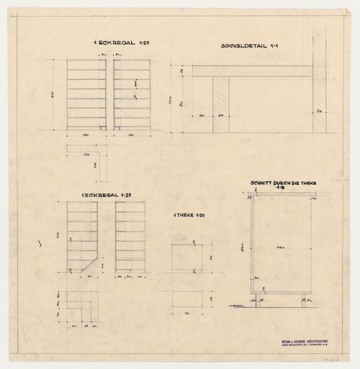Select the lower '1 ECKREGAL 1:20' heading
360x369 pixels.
coord(107,197)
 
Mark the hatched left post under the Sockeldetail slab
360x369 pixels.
coord(221,105)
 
